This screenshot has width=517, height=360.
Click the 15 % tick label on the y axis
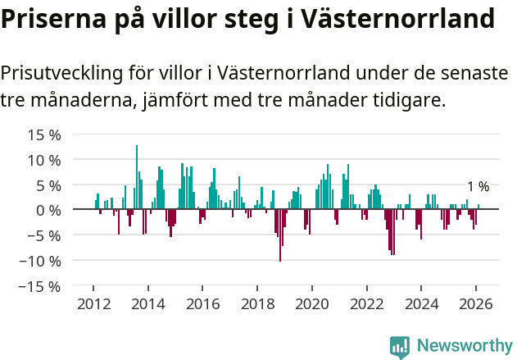click(43, 134)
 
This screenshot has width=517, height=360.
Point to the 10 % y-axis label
click(43, 160)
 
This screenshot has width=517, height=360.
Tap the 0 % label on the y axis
click(48, 211)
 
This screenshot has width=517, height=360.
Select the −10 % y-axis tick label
click(40, 261)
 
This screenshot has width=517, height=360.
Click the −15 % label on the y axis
click(40, 286)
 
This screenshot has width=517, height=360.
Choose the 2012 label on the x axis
click(93, 303)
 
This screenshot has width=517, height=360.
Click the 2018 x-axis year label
click(257, 303)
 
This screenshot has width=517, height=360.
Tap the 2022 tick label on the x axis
click(366, 303)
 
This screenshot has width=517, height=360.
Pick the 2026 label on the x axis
click(475, 303)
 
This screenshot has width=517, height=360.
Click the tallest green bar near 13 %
click(137, 176)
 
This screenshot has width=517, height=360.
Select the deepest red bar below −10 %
click(280, 236)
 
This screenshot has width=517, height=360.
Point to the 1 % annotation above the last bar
click(478, 187)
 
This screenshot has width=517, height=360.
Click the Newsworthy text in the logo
click(464, 345)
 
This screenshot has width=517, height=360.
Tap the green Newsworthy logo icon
click(399, 346)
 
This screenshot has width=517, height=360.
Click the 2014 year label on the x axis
click(148, 303)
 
